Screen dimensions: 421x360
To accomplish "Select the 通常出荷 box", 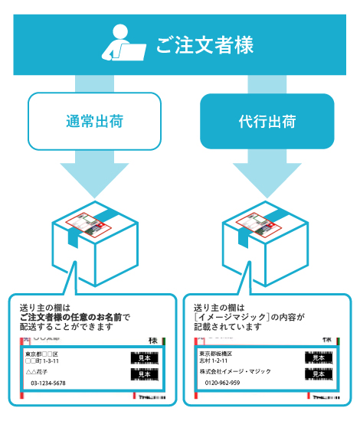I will click(95, 121).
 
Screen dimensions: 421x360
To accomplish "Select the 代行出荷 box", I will click(267, 121).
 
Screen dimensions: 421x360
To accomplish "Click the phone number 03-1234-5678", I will click(48, 383).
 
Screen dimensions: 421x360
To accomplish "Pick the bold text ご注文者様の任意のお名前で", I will click(75, 317).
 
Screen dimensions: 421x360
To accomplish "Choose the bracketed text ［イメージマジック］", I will click(227, 317).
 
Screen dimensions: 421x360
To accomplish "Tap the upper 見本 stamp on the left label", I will click(145, 358).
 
